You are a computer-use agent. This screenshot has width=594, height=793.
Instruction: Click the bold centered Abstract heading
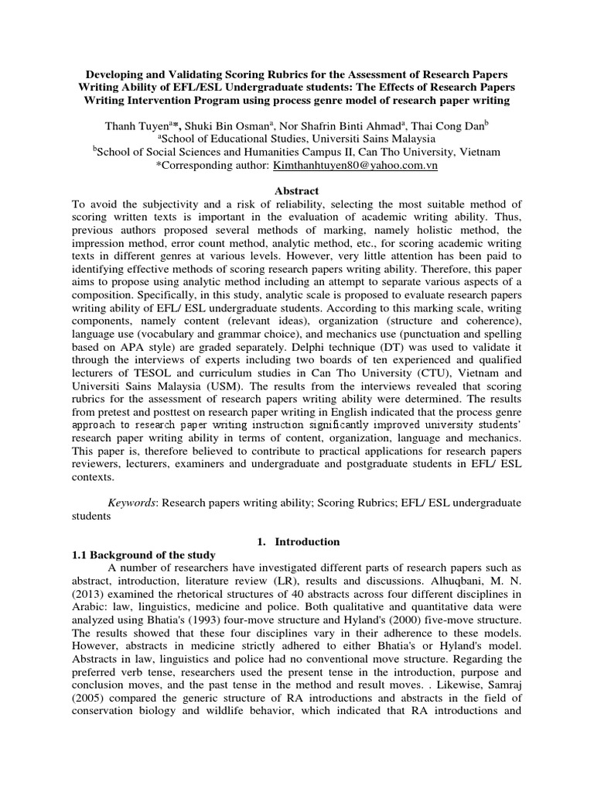coord(297,191)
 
